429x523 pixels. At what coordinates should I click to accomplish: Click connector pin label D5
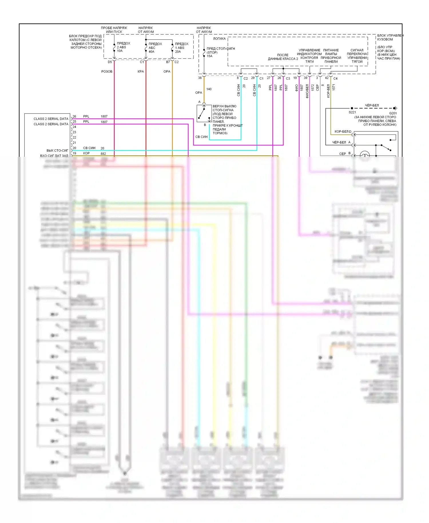[110, 62]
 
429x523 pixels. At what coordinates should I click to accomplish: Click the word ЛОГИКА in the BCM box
[219, 39]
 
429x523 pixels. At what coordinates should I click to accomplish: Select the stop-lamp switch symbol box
[204, 114]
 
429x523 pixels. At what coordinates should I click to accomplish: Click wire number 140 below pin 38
[209, 89]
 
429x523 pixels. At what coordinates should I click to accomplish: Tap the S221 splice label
[352, 112]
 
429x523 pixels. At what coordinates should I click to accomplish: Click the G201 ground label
[393, 113]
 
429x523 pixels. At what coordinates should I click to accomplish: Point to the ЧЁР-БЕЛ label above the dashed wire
[372, 106]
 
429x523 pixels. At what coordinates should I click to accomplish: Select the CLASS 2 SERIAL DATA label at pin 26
[51, 119]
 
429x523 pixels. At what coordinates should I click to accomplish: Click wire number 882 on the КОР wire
[103, 154]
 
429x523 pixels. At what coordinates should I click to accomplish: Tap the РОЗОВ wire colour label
[107, 72]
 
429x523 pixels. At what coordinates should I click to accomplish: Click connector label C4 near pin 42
[335, 78]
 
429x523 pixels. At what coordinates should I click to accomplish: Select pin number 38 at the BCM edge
[200, 78]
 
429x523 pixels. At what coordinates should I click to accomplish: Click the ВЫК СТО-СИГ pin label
[57, 150]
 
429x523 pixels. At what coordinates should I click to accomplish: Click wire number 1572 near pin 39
[313, 88]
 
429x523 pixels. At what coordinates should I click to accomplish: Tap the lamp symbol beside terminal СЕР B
[364, 155]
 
